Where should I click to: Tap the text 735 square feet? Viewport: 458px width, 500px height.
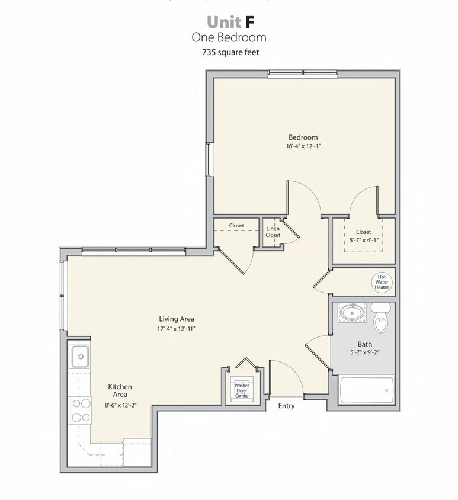click(x=229, y=52)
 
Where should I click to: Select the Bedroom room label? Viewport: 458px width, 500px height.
click(x=303, y=137)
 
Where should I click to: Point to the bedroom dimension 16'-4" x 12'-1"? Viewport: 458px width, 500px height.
click(x=303, y=146)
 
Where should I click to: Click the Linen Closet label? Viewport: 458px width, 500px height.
click(x=273, y=232)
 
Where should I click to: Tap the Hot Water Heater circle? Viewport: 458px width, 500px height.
click(x=382, y=281)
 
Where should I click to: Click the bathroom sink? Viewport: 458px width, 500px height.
click(x=352, y=311)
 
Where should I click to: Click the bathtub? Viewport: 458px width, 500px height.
click(x=366, y=390)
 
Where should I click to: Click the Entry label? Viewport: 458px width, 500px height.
click(x=286, y=406)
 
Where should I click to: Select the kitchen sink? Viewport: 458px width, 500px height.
click(x=80, y=357)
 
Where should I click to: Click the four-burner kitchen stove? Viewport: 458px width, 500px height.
click(x=81, y=410)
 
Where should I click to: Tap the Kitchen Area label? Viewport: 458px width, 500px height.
click(x=120, y=390)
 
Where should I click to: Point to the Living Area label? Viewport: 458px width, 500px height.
click(x=177, y=319)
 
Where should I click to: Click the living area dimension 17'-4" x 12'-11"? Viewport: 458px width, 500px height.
click(x=177, y=328)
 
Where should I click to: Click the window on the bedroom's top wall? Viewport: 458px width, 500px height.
click(x=303, y=74)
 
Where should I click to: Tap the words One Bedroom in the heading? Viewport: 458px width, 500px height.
click(x=229, y=37)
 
